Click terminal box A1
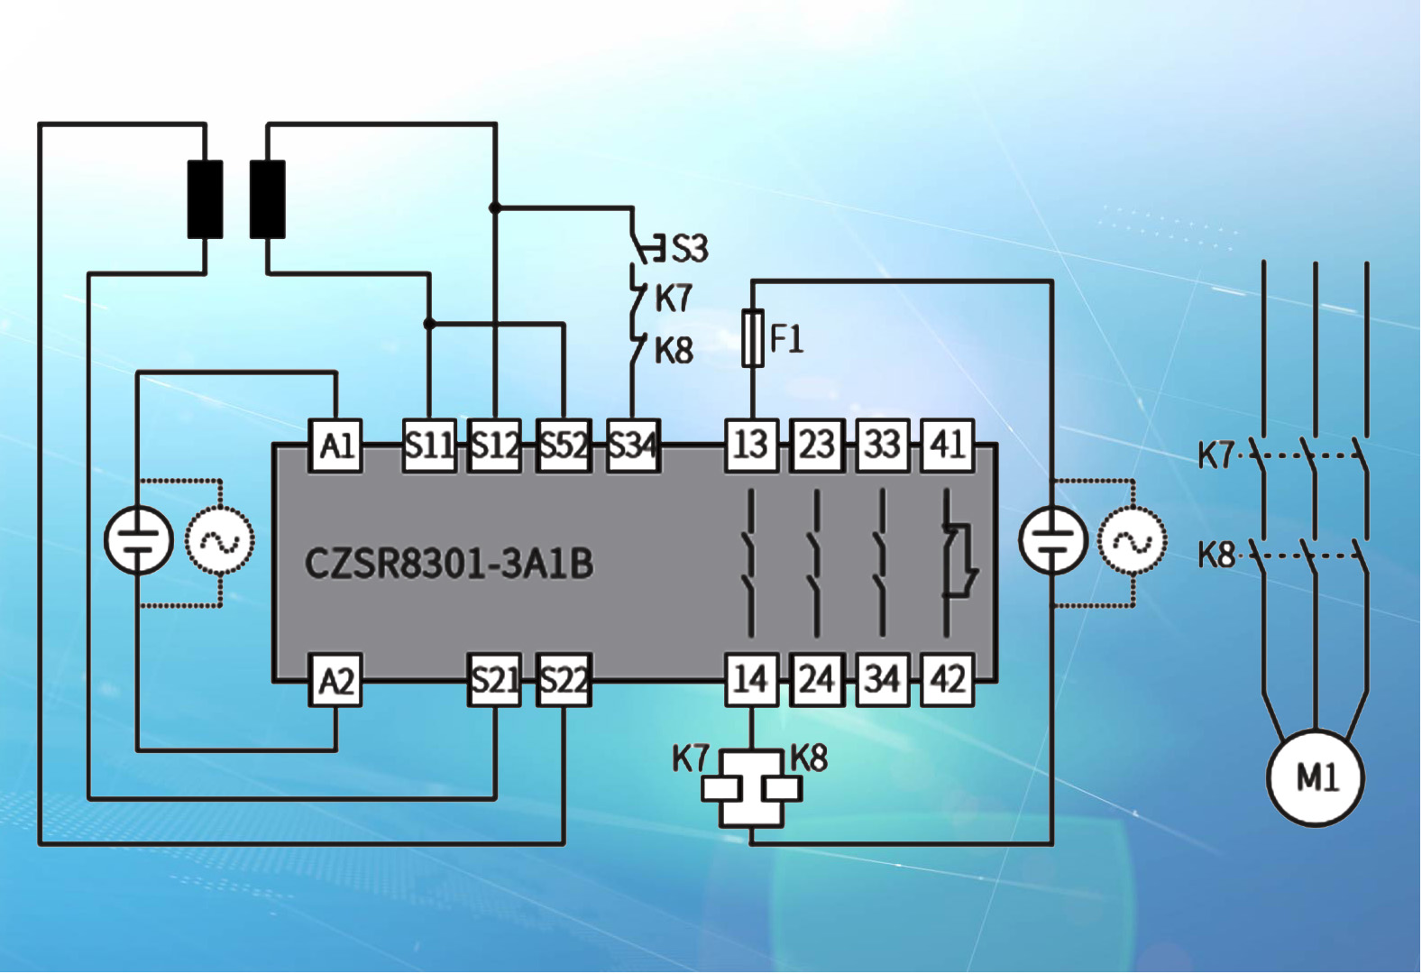[335, 446]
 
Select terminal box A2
[335, 680]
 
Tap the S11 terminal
[429, 446]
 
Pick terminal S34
[632, 446]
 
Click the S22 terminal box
[564, 680]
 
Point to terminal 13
[751, 446]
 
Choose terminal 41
[947, 446]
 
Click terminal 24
[817, 680]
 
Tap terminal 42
[947, 680]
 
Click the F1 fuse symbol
[752, 338]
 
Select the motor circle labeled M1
[1315, 777]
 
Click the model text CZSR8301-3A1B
[449, 564]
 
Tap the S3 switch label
[690, 248]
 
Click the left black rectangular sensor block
[206, 199]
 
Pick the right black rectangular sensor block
[267, 199]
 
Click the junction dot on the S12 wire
[495, 207]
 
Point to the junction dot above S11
[429, 323]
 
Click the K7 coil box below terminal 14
[721, 788]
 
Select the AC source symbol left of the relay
[220, 541]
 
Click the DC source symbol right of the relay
[1052, 541]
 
